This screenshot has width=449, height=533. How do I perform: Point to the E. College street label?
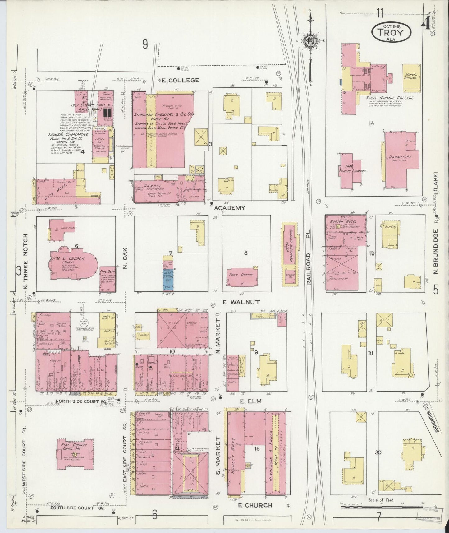pyautogui.click(x=184, y=80)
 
